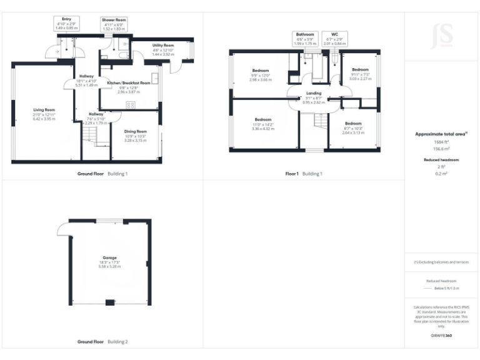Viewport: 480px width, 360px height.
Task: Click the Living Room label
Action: point(44,109)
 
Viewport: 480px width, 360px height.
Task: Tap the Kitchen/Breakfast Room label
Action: point(129,82)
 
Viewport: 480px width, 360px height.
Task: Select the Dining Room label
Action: point(136,131)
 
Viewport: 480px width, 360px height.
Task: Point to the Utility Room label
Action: point(163,46)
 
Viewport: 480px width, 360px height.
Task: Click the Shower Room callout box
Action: point(114,24)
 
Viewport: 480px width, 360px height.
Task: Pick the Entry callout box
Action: point(66,24)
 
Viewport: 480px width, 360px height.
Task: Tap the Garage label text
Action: point(110,257)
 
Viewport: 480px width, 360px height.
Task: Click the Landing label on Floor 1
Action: point(313,93)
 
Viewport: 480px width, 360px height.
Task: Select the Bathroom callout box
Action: point(306,38)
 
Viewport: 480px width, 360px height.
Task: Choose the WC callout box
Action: point(335,38)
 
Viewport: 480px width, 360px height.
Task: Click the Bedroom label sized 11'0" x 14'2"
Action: point(262,119)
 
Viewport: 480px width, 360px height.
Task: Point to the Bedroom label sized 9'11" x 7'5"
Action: point(361,69)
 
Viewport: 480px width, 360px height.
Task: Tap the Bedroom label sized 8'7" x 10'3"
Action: point(352,124)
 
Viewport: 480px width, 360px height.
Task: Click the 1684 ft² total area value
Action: point(441,142)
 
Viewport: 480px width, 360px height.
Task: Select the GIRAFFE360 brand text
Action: point(441,336)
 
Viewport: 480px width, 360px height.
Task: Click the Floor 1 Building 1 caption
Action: point(304,173)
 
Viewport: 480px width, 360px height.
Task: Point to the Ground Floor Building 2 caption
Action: point(102,342)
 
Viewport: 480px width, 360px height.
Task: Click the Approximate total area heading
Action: point(441,134)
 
